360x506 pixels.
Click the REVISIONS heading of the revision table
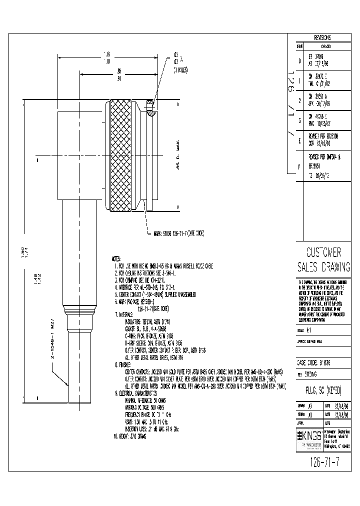coord(322,37)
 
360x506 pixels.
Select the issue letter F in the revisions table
coord(299,165)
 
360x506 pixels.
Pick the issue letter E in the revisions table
coord(299,141)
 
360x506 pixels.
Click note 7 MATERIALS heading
coord(131,314)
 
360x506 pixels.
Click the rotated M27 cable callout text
coord(52,345)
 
